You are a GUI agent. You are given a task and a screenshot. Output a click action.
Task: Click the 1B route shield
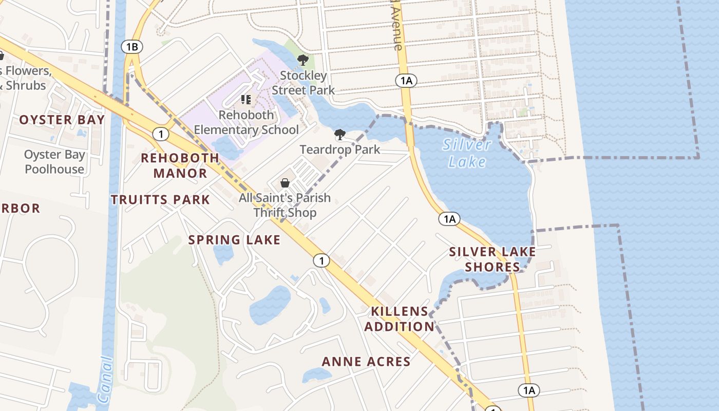coord(132,47)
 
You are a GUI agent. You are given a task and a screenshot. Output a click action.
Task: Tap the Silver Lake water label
coord(466,153)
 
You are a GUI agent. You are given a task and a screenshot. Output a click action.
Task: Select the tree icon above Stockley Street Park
coord(303,60)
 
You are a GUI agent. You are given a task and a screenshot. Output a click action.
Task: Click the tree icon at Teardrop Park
coord(339,135)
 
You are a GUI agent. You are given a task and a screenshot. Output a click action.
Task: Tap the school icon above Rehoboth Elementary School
coord(246,99)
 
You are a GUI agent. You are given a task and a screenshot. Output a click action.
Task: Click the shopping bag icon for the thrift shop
coord(285,183)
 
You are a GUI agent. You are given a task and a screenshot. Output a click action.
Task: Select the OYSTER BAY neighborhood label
coord(62,120)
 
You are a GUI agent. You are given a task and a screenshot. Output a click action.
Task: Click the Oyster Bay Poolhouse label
coord(54,162)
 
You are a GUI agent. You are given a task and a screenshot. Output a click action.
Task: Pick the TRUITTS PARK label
coord(161,200)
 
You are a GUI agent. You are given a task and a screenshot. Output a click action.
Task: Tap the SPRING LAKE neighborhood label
coord(234,240)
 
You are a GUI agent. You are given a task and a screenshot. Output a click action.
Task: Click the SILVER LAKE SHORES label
coord(493,259)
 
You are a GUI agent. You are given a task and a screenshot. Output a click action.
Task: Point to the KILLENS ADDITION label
coord(400,319)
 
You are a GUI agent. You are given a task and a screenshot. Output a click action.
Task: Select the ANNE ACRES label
coord(366,362)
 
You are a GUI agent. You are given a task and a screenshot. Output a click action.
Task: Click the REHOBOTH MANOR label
coord(180,165)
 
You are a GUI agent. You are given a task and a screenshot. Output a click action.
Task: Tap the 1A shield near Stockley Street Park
coord(406,80)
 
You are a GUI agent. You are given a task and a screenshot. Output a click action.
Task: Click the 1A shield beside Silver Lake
coord(449,219)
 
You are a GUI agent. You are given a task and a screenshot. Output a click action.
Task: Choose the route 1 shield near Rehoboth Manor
coord(161,135)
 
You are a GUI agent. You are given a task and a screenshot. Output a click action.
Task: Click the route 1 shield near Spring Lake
coord(321,261)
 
